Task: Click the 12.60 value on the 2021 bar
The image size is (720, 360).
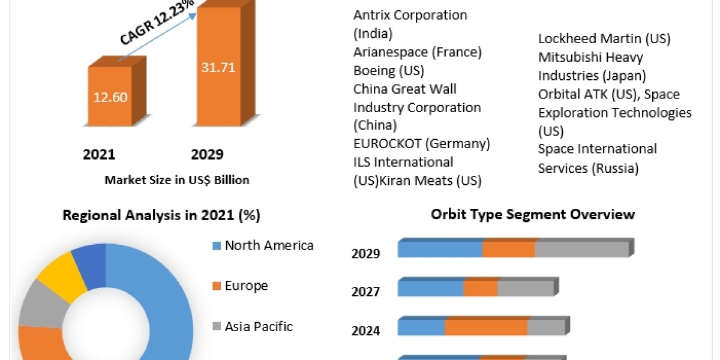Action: coord(110,97)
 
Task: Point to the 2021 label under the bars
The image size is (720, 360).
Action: coord(99,155)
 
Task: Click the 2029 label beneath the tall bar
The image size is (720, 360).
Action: coord(207,155)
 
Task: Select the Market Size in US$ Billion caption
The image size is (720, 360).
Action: coord(176,179)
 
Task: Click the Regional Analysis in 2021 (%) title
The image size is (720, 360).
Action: coord(161,216)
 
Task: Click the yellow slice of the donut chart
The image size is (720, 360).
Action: coord(55,278)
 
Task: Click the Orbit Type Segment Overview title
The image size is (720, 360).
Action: coord(533,214)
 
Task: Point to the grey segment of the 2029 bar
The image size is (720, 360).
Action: coord(581,249)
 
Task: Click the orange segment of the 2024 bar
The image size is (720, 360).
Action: coord(485,328)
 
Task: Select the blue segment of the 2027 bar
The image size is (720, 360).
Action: coord(430,288)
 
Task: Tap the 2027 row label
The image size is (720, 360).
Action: coord(365,292)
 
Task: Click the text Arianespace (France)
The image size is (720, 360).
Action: coord(418,52)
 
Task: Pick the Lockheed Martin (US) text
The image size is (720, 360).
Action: coord(604,39)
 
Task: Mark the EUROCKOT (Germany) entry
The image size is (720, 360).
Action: coord(422,144)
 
